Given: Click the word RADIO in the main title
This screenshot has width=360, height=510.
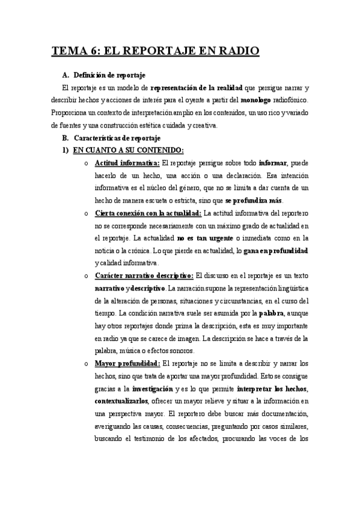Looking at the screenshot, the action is coord(236,51).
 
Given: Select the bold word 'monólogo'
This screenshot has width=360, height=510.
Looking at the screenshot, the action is coord(260,100).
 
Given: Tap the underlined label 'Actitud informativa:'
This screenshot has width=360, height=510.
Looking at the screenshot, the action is coord(127,163).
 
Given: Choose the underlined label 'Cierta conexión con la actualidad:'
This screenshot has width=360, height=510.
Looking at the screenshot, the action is coord(148,213).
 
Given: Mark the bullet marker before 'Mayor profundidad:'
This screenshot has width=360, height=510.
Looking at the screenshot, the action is coord(87,363).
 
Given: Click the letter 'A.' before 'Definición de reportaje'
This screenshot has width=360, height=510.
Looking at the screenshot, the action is coord(66,75).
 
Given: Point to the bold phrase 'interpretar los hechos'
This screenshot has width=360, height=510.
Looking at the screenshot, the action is coord(275,388).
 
